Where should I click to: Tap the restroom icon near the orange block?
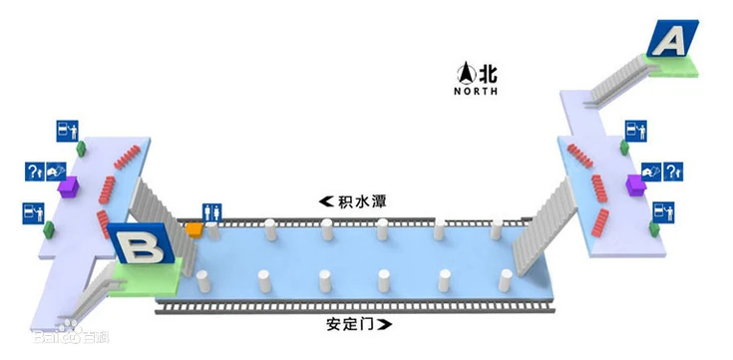(211, 211)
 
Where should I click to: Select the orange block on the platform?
(194, 229)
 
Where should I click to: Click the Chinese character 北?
(487, 73)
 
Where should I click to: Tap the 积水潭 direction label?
(361, 201)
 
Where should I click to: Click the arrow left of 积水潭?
(326, 201)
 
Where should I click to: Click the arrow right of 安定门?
(385, 324)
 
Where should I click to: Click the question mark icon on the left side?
(33, 172)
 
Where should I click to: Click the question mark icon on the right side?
(674, 173)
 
